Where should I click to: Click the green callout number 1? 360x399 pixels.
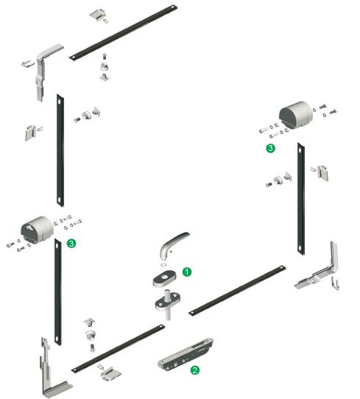pyautogui.click(x=187, y=272)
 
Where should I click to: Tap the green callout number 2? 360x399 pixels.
pyautogui.click(x=195, y=370)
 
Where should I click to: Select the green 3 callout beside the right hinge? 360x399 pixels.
pyautogui.click(x=270, y=148)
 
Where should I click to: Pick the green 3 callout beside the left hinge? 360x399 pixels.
pyautogui.click(x=71, y=243)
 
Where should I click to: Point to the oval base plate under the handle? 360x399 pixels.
pyautogui.click(x=164, y=278)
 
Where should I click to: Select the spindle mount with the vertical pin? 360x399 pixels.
pyautogui.click(x=168, y=303)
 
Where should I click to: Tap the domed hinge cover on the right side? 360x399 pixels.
pyautogui.click(x=296, y=113)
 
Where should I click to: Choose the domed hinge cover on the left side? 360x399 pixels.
pyautogui.click(x=37, y=228)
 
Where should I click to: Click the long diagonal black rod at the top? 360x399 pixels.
pyautogui.click(x=124, y=32)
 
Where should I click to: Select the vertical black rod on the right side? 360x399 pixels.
pyautogui.click(x=301, y=199)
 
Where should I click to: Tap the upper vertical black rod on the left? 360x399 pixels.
pyautogui.click(x=60, y=150)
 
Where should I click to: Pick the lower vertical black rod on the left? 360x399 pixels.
pyautogui.click(x=58, y=292)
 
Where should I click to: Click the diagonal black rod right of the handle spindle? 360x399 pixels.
pyautogui.click(x=237, y=290)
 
